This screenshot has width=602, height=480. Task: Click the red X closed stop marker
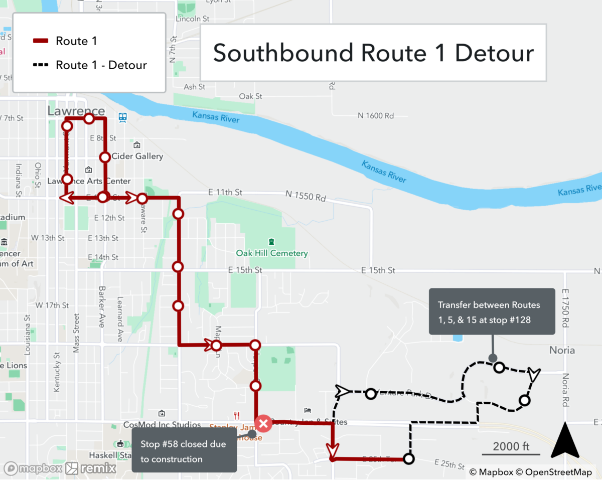pyautogui.click(x=263, y=424)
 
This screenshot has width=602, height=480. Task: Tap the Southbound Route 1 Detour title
pyautogui.click(x=373, y=53)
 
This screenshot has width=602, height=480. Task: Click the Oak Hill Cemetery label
pyautogui.click(x=272, y=253)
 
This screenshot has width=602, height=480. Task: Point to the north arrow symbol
pyautogui.click(x=565, y=440)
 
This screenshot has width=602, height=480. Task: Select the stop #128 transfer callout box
pyautogui.click(x=492, y=311)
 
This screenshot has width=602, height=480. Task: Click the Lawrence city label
pyautogui.click(x=76, y=111)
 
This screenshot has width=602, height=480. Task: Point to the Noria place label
pyautogui.click(x=562, y=350)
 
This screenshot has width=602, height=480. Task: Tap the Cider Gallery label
pyautogui.click(x=137, y=156)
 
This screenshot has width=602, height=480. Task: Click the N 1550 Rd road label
pyautogui.click(x=306, y=196)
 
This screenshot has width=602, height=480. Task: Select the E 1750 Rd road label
pyautogui.click(x=566, y=308)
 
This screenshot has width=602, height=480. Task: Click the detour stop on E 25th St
pyautogui.click(x=409, y=458)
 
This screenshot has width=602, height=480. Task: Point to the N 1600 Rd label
pyautogui.click(x=376, y=115)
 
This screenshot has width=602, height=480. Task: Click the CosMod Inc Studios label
pyautogui.click(x=160, y=425)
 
